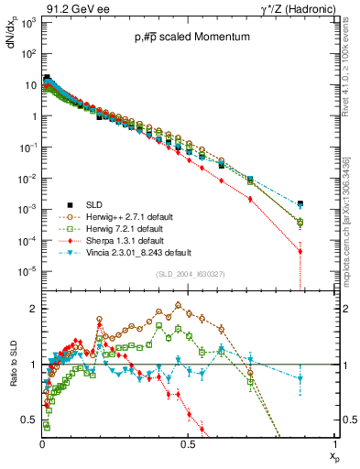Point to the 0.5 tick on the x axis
pos(188,444)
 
